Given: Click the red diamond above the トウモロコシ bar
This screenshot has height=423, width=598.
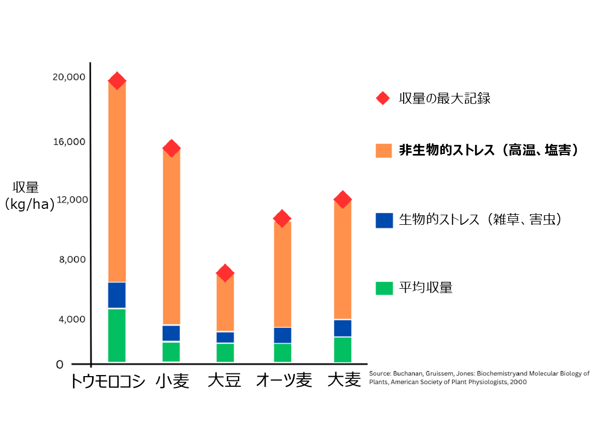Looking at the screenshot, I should (x=117, y=80).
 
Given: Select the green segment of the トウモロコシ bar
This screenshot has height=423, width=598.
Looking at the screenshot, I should (x=117, y=335).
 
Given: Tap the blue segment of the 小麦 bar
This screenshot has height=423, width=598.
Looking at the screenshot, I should (x=171, y=333).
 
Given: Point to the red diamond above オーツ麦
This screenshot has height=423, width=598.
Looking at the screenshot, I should (x=282, y=218).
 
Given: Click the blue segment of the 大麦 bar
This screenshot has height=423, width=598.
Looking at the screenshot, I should (x=342, y=328).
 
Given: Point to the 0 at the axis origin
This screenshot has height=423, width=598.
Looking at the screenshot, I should (x=60, y=365).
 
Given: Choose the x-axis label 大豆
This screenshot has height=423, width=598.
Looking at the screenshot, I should (x=225, y=380).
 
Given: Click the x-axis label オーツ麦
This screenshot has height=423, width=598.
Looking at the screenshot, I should (x=284, y=380).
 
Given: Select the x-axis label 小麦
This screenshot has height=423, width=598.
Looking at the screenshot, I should (x=173, y=380).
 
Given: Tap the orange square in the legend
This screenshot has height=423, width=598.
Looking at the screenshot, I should (x=384, y=151).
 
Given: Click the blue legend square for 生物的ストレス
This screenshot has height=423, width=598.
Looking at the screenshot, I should (x=384, y=220).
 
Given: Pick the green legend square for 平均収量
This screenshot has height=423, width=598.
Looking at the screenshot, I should (x=384, y=288).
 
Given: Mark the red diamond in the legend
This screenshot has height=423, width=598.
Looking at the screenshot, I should (x=383, y=99).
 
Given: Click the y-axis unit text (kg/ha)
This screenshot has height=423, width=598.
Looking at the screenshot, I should (x=29, y=205).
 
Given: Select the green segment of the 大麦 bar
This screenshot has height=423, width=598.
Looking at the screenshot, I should (x=342, y=349).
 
